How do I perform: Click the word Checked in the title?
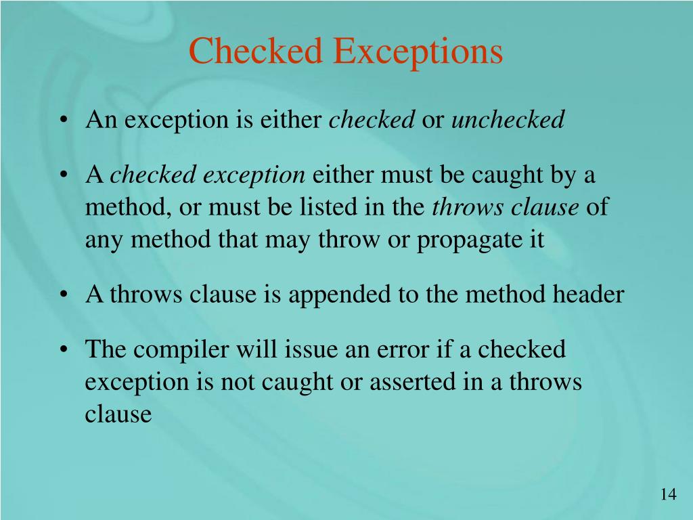pos(256,51)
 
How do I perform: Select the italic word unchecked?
pos(508,120)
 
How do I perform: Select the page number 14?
pos(668,495)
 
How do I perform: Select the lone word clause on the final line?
pos(118,414)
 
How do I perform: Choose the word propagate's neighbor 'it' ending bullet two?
pos(537,240)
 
